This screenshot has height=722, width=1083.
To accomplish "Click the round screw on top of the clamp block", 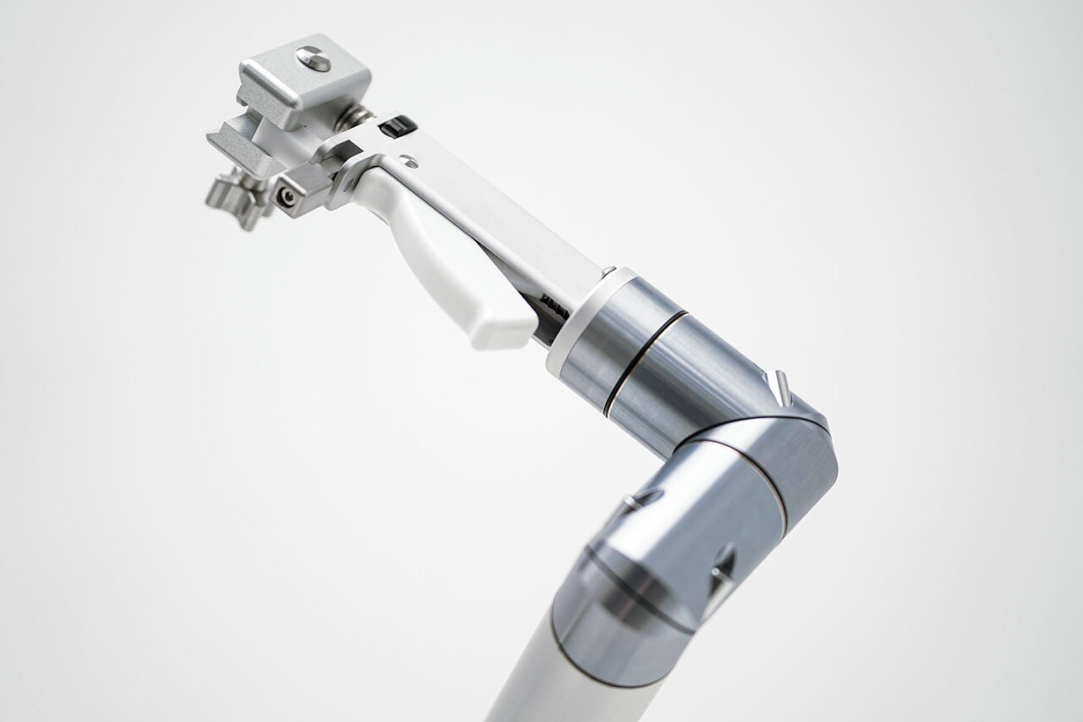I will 313,58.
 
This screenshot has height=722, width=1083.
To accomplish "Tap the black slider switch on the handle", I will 397,127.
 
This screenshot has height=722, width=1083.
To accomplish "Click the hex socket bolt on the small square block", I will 289,196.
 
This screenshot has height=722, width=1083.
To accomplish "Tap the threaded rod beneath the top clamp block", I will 356,118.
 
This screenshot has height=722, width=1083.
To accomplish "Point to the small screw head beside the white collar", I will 607,272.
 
